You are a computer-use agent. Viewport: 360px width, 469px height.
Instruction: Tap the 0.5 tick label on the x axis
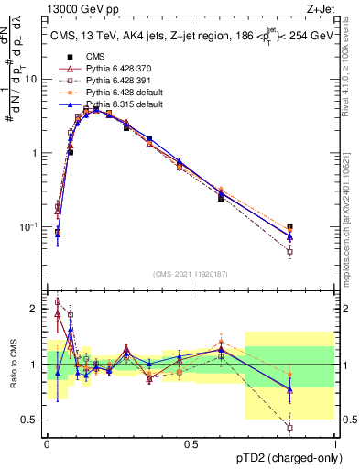(x=191, y=443)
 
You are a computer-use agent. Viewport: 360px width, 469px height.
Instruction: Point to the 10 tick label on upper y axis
(x=31, y=80)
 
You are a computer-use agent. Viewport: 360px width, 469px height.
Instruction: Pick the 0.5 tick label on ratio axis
(x=31, y=420)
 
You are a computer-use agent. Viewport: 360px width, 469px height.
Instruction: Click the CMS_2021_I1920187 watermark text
(x=191, y=273)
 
